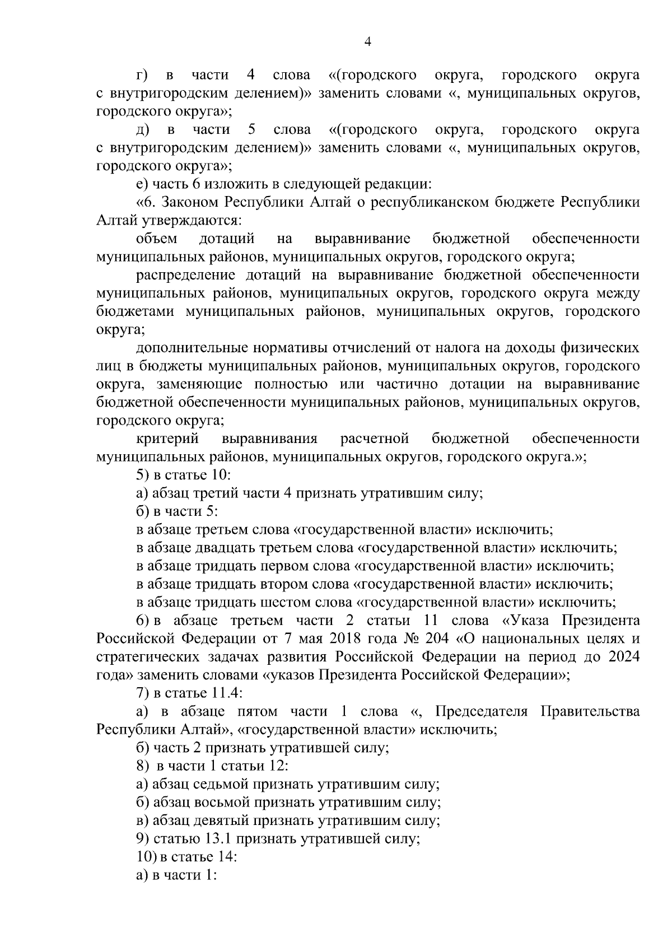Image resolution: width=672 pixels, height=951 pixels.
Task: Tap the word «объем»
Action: click(x=157, y=239)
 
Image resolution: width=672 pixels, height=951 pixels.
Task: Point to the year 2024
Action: click(x=623, y=656)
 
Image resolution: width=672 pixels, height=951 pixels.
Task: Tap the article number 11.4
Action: click(x=225, y=693)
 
